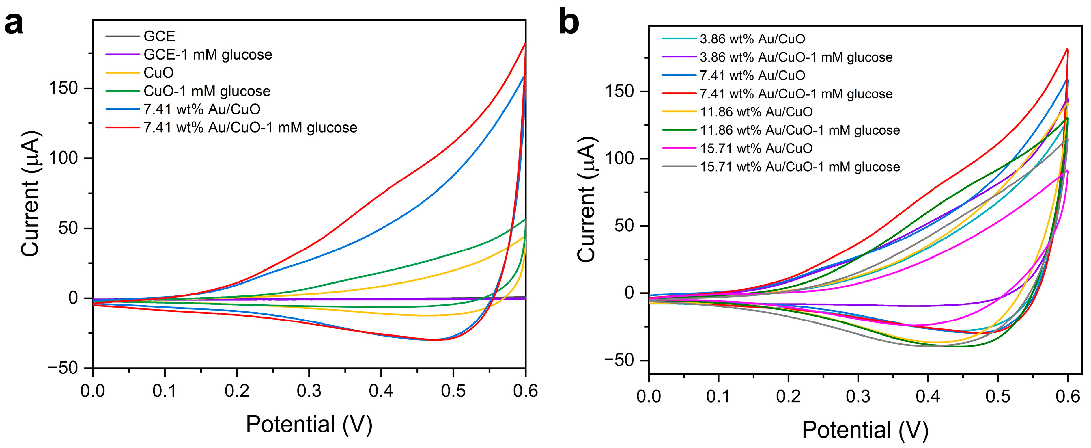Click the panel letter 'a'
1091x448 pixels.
(14, 23)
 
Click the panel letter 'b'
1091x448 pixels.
(569, 23)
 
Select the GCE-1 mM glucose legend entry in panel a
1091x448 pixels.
(208, 55)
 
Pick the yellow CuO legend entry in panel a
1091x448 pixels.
(158, 73)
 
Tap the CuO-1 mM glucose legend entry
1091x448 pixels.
(207, 91)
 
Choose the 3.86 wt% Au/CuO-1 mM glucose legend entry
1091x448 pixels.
(796, 57)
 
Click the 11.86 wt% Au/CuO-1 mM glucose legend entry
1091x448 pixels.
(799, 130)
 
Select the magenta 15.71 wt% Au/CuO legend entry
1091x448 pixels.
(756, 148)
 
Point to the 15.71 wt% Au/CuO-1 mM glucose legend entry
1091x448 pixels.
(799, 167)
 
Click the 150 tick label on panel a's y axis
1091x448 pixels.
(63, 88)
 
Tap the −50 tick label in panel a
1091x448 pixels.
(63, 368)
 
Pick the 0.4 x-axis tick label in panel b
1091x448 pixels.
(928, 396)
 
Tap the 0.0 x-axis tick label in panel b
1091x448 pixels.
(649, 396)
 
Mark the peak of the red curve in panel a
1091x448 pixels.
(525, 44)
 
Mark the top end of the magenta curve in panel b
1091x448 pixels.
(1067, 170)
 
